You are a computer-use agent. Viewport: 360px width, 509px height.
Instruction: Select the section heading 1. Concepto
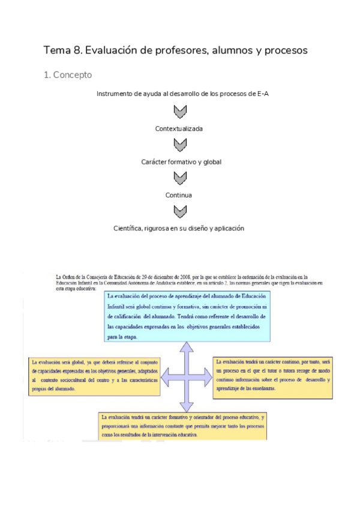tap(68, 76)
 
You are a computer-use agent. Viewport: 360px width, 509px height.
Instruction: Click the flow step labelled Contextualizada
tap(179, 129)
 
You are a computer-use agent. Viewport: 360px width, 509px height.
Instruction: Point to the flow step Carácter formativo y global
tap(181, 162)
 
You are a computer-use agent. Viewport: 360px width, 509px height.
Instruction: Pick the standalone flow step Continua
tap(179, 195)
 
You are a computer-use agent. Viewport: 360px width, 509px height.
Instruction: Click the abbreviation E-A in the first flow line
tap(262, 94)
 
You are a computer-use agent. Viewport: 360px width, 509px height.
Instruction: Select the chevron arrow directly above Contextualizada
tap(179, 112)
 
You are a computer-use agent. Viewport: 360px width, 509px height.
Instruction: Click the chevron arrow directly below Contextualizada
tap(179, 145)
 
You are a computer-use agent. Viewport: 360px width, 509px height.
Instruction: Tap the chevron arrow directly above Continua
tap(179, 178)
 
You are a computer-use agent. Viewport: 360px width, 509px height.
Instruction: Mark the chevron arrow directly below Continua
tap(179, 212)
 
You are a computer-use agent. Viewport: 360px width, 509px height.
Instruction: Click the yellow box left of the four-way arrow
tap(94, 376)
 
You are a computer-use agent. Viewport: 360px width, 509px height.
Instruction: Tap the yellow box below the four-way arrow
tap(183, 426)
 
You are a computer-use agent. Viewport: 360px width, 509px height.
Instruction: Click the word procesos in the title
tap(286, 51)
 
